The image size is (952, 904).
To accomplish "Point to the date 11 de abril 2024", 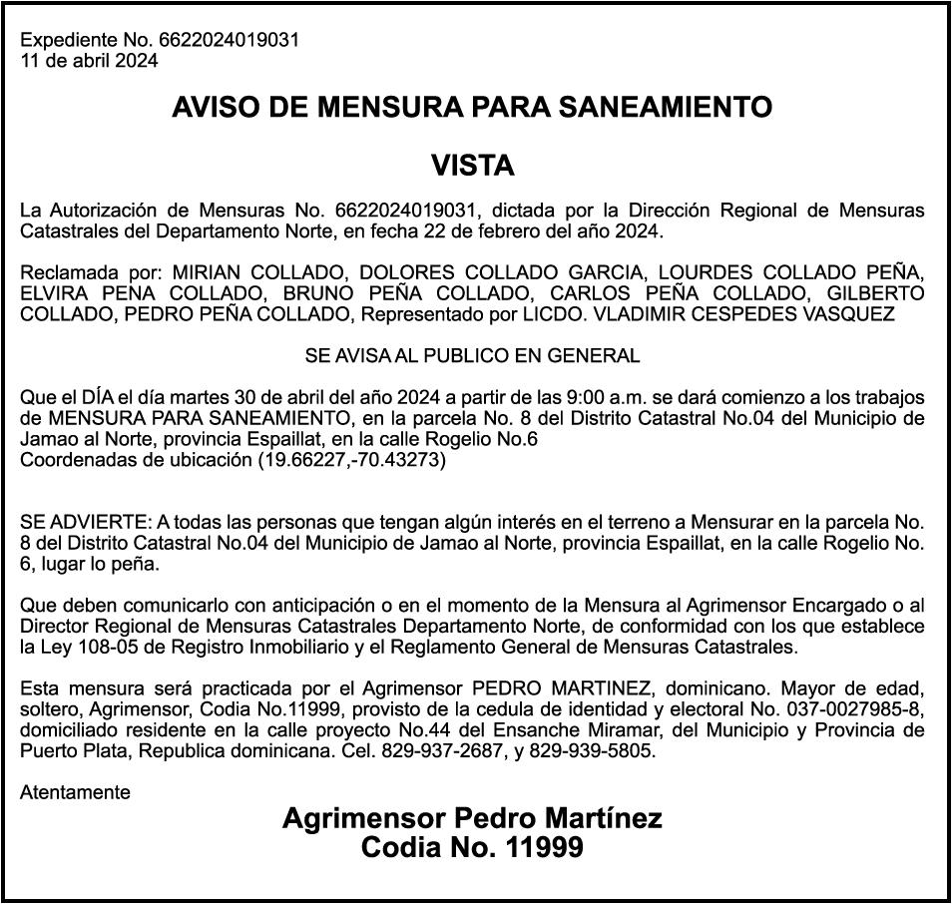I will click(x=89, y=59).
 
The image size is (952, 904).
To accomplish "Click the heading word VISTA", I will click(x=473, y=166).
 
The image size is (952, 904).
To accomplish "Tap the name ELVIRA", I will click(x=53, y=293).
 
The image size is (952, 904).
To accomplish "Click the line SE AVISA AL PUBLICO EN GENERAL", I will click(x=473, y=355).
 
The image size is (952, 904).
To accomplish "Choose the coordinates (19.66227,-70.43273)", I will click(x=351, y=461).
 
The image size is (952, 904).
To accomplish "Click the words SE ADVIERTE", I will click(x=84, y=522).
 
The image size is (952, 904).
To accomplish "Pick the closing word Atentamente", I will click(x=75, y=792).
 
